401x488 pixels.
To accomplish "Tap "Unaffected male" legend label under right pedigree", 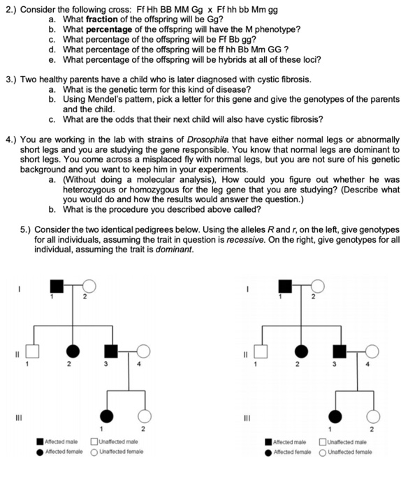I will pos(347,441).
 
